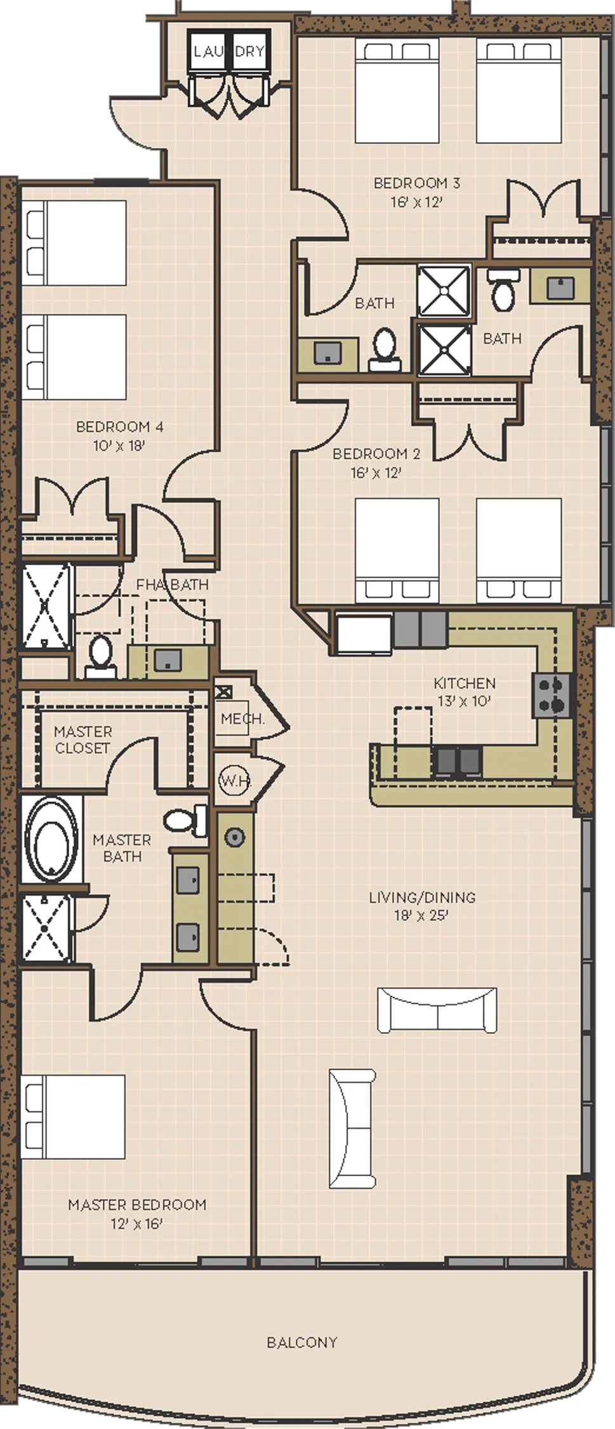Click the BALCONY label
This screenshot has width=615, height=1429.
coord(301,1342)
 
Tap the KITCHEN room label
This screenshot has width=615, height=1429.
coord(465,683)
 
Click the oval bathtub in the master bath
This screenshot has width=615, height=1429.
coord(51,839)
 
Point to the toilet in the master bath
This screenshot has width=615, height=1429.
coord(186,820)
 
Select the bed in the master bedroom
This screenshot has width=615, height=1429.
coord(73,1117)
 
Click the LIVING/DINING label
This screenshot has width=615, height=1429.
coord(422,897)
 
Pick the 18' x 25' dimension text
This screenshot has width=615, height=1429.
coord(421,915)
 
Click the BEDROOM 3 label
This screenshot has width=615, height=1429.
coord(417,183)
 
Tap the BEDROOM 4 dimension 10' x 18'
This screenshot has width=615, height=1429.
coord(119,445)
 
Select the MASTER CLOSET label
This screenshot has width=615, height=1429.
coord(83,739)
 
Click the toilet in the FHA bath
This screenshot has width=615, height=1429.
coord(101,657)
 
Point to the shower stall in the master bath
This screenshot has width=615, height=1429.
coord(45,928)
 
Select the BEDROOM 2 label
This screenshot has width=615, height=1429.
coord(376,453)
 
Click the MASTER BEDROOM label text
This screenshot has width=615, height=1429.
coord(137,1205)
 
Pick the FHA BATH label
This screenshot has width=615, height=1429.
coord(173,584)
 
